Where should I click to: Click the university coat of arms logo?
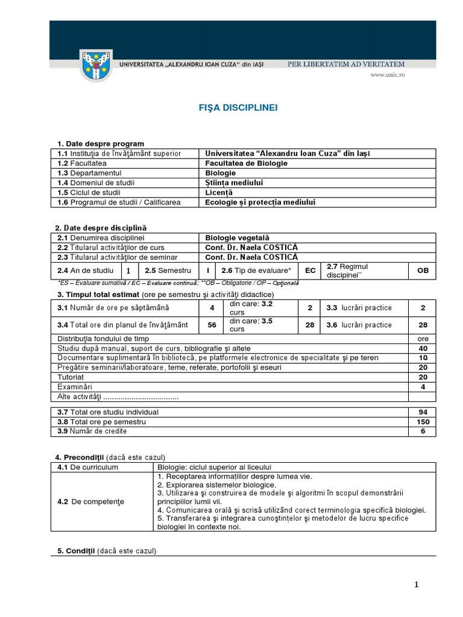(96, 67)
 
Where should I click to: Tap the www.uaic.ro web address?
(387, 75)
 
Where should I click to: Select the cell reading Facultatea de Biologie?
(246, 163)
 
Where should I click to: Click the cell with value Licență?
(219, 192)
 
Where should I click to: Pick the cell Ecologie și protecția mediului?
(260, 202)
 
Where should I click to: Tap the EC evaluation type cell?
(310, 271)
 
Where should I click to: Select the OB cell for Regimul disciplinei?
(423, 271)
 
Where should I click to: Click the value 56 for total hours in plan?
(212, 325)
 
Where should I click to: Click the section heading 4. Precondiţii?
(81, 457)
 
